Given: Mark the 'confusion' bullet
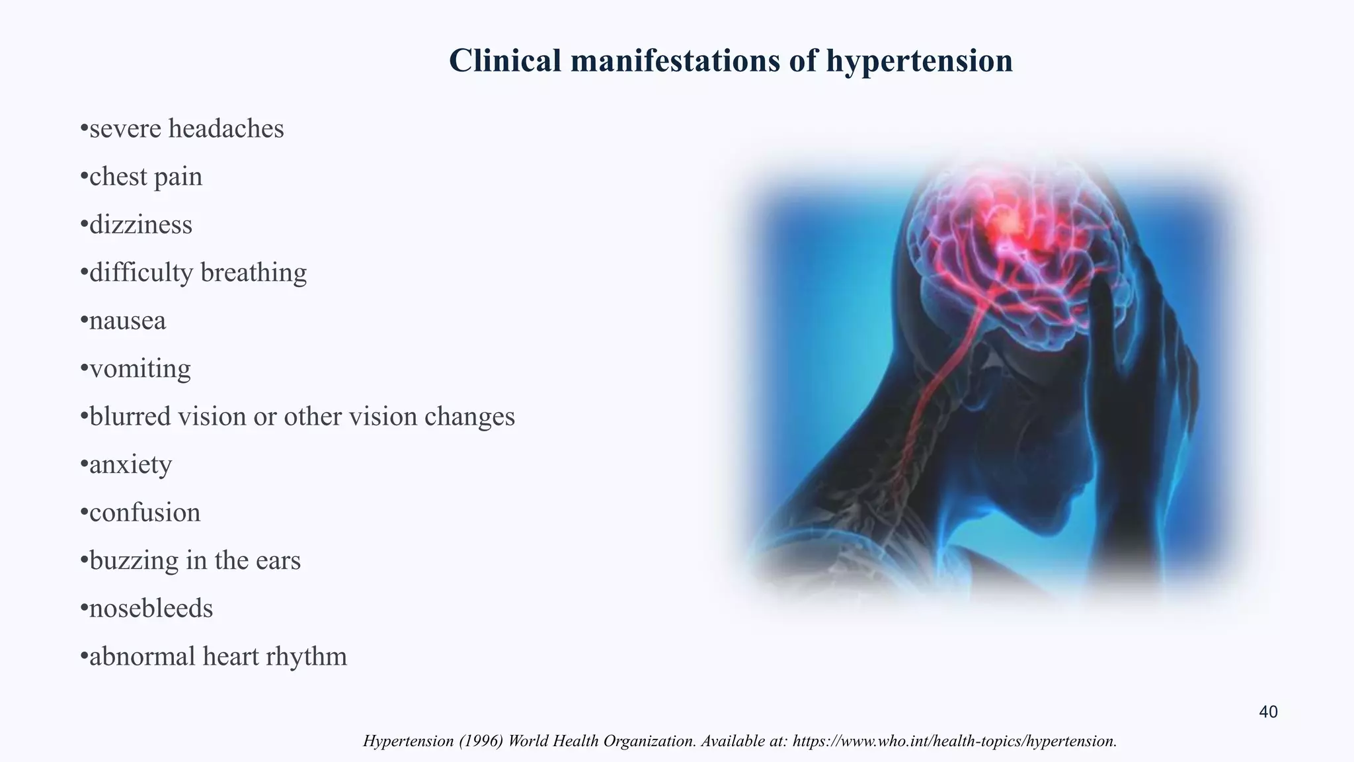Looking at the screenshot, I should pos(145,513).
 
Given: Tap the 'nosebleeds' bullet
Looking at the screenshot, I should pos(151,609).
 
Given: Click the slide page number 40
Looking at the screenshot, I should pos(1268,712).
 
